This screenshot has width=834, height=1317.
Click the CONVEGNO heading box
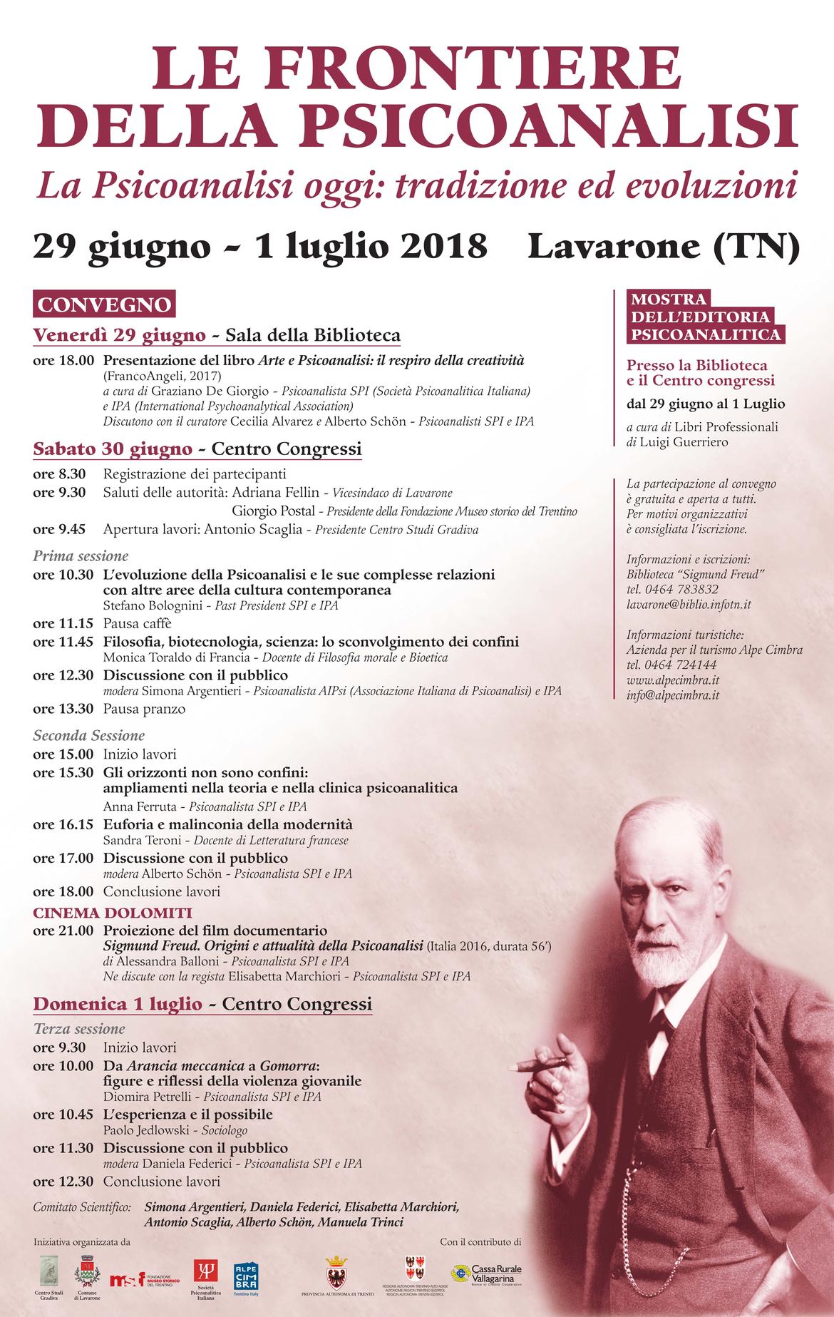(x=105, y=304)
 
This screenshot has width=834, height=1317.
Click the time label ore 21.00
(x=63, y=931)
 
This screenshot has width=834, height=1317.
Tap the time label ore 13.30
(x=63, y=709)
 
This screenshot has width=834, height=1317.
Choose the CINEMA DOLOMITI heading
(x=113, y=913)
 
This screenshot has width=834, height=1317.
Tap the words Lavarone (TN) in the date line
(x=664, y=245)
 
